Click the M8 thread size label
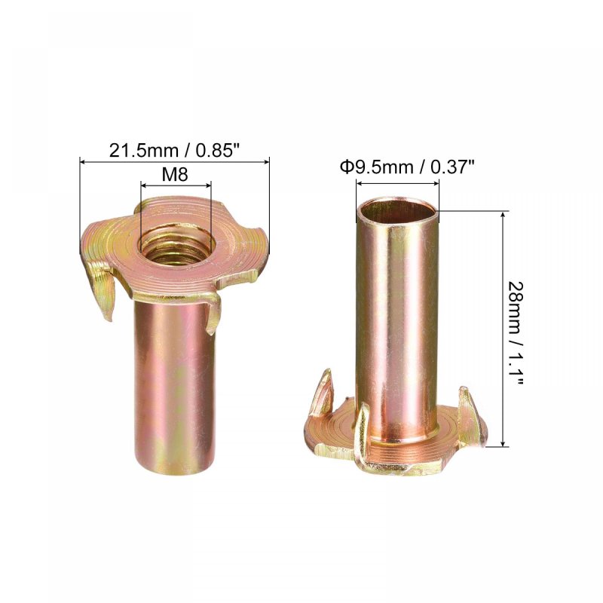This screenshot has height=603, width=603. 175,175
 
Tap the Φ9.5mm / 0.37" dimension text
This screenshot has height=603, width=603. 407,167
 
